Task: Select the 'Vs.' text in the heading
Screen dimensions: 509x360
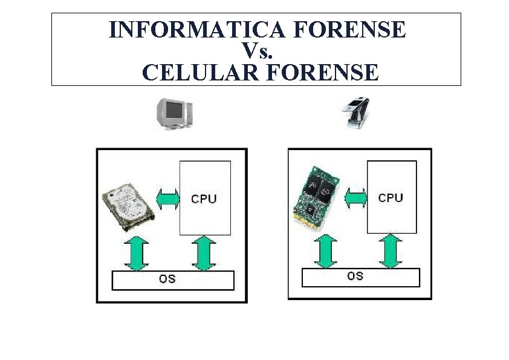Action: (x=258, y=50)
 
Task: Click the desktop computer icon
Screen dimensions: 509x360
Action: (x=174, y=114)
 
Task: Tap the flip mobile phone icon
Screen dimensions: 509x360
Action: (x=357, y=113)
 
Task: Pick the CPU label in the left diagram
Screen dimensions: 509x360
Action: (x=204, y=198)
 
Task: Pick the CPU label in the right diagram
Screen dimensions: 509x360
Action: (x=391, y=198)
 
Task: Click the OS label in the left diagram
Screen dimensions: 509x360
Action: (x=167, y=280)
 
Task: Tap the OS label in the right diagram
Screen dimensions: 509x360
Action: (x=355, y=276)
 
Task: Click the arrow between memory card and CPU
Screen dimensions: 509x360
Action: (x=355, y=198)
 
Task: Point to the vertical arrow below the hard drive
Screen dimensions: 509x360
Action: (x=137, y=254)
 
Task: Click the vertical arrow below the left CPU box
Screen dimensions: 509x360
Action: (x=204, y=254)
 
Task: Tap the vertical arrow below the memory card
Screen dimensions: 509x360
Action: (x=325, y=251)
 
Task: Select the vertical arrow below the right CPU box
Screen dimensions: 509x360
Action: (x=391, y=251)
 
